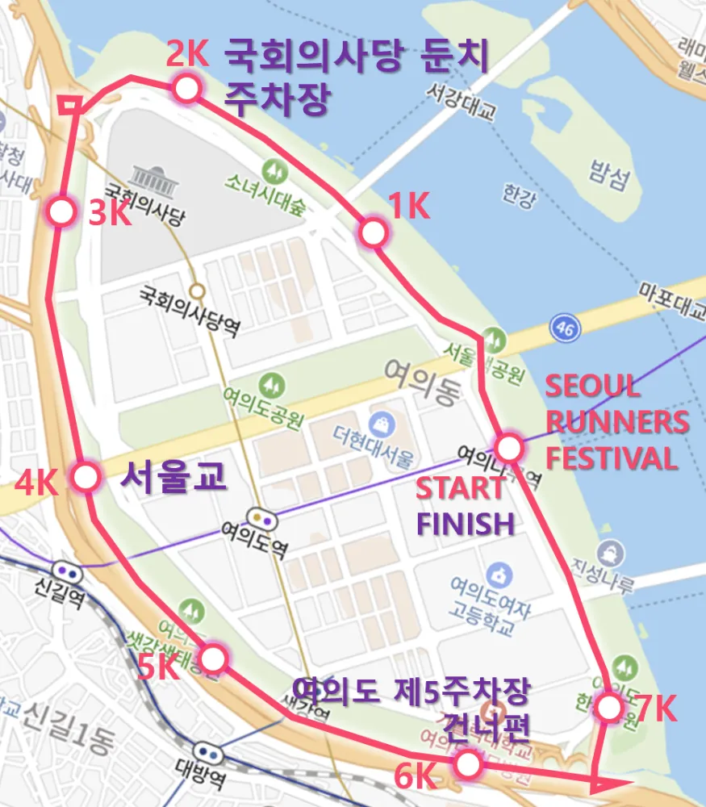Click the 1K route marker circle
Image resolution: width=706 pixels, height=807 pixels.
click(x=372, y=232)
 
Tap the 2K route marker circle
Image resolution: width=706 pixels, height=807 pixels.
click(x=186, y=89)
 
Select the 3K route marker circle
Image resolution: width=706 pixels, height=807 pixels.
click(x=61, y=212)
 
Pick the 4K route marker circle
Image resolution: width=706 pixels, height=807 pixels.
click(x=85, y=476)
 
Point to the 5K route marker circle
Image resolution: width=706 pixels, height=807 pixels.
click(x=213, y=659)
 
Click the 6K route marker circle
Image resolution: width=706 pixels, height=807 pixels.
click(x=467, y=763)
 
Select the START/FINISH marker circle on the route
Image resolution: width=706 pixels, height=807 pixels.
click(x=508, y=447)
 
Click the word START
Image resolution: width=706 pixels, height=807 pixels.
click(x=459, y=488)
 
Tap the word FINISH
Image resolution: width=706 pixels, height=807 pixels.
click(x=465, y=524)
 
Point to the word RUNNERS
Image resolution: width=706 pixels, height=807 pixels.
click(x=617, y=422)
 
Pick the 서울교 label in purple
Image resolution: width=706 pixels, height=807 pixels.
click(x=173, y=477)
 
